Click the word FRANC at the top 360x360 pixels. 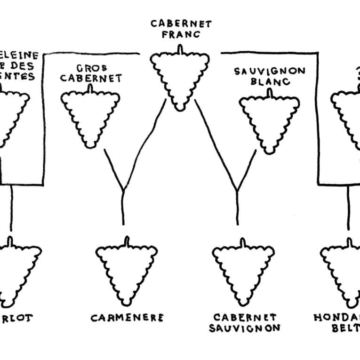pyautogui.click(x=181, y=34)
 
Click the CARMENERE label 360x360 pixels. pyautogui.click(x=127, y=318)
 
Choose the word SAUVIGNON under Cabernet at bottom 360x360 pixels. pyautogui.click(x=244, y=328)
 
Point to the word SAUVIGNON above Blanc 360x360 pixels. pyautogui.click(x=270, y=72)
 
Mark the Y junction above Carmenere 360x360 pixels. pyautogui.click(x=123, y=191)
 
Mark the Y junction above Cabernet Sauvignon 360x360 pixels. pyautogui.click(x=237, y=191)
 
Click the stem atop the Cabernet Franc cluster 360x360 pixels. pyautogui.click(x=179, y=49)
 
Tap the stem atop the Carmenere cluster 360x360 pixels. pyautogui.click(x=126, y=241)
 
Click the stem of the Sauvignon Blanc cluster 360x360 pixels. pyautogui.click(x=270, y=93)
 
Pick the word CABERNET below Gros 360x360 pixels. pyautogui.click(x=91, y=78)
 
